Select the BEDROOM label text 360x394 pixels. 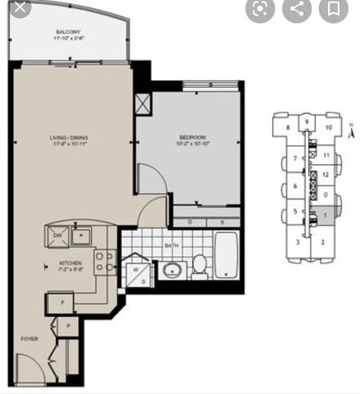pos(191,137)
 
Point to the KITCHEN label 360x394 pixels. pos(68,263)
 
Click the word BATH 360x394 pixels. pos(171,245)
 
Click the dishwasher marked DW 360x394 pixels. pos(57,236)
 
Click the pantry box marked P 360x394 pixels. pos(68,326)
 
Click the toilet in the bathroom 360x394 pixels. pos(199,266)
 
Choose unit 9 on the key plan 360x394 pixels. pos(306,122)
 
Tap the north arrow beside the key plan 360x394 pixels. pos(350,129)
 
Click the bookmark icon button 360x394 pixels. pos(333,9)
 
